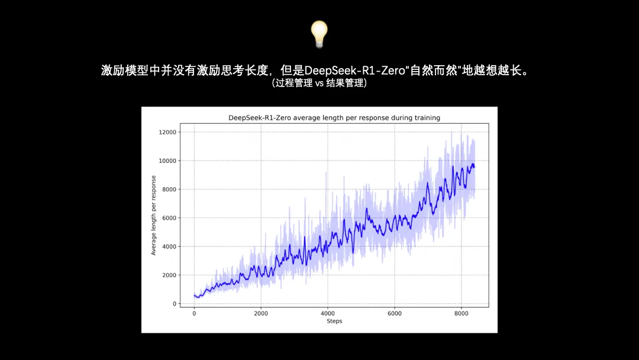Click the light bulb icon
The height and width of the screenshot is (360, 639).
319,34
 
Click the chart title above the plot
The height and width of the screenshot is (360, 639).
334,118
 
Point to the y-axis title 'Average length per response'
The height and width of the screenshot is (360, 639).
154,216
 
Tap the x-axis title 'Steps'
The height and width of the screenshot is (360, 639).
334,322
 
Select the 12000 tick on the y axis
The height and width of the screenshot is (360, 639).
167,132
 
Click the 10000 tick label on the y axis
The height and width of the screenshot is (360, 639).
167,160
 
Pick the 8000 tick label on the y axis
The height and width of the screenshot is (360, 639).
169,189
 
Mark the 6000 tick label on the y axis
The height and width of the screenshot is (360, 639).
169,218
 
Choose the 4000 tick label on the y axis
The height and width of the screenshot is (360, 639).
169,246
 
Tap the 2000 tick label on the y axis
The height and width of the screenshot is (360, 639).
169,275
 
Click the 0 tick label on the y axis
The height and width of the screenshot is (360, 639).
175,304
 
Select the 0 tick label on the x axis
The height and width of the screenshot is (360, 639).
194,313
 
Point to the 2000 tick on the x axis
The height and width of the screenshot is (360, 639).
261,313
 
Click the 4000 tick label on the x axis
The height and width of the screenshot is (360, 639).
328,313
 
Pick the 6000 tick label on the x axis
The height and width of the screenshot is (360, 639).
395,313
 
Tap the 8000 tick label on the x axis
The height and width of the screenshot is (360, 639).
461,313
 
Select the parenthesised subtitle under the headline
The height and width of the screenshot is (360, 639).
319,83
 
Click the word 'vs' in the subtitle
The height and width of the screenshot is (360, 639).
319,83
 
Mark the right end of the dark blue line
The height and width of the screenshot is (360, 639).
475,167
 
